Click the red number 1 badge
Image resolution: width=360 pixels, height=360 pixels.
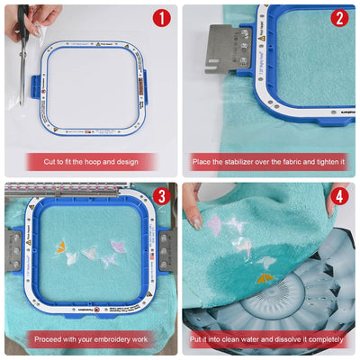[x=160, y=18]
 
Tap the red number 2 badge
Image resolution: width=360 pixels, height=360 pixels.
[x=338, y=18]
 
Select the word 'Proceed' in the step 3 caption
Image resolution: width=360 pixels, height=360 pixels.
[x=49, y=340]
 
